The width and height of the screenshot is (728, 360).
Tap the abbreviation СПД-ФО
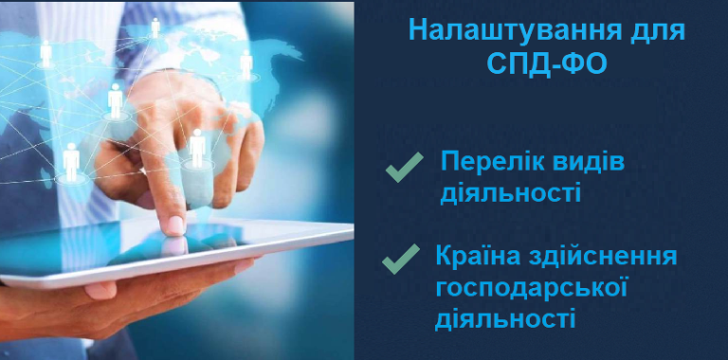(x=546, y=65)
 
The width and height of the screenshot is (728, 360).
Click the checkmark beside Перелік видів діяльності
(x=404, y=168)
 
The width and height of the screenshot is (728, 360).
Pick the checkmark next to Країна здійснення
(x=400, y=257)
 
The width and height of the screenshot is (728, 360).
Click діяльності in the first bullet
(x=510, y=193)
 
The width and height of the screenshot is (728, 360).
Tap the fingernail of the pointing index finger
(x=176, y=224)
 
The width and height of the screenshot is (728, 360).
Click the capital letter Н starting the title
(x=418, y=29)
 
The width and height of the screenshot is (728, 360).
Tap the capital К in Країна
(x=445, y=256)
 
